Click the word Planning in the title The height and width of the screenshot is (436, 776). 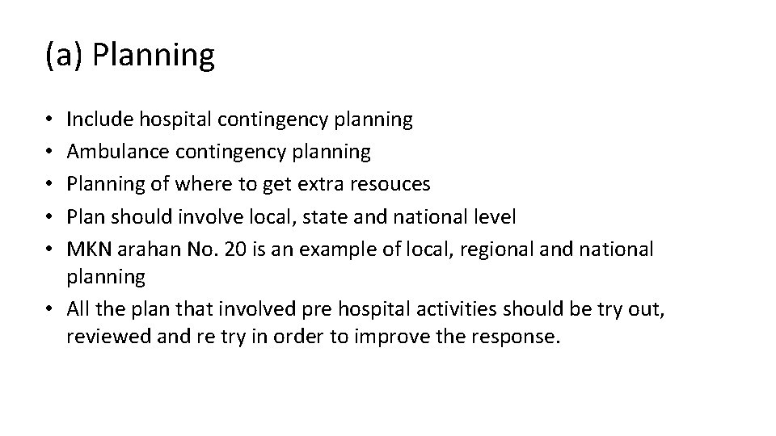pyautogui.click(x=154, y=57)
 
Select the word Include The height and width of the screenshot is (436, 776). pyautogui.click(x=100, y=119)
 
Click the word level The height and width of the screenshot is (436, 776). pyautogui.click(x=494, y=216)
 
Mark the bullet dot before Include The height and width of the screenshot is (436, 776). pyautogui.click(x=51, y=120)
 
